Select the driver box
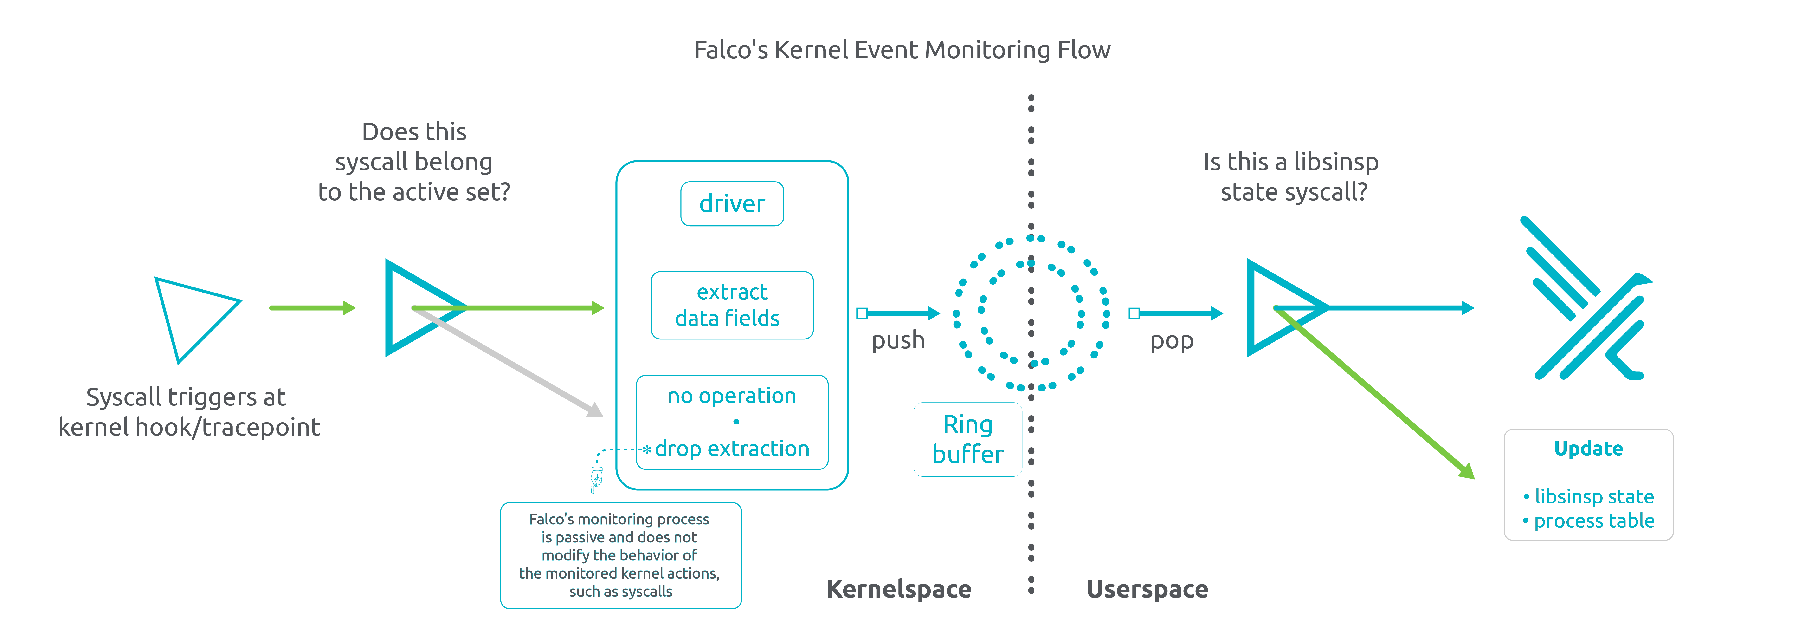coord(732,204)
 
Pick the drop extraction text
coord(732,449)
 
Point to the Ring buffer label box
coord(968,439)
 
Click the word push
coord(898,340)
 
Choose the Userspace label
coord(1147,589)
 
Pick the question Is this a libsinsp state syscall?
coord(1291,176)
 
